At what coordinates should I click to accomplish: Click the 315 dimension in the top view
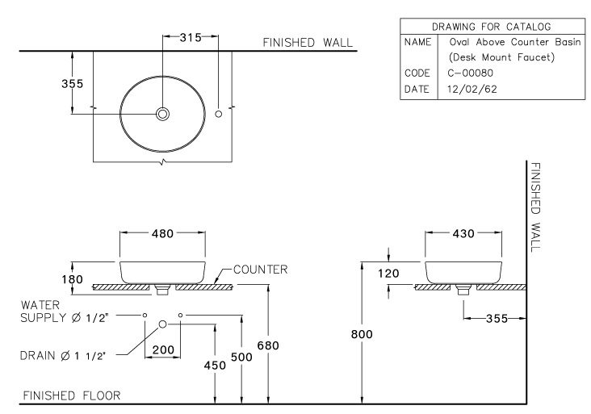coord(191,38)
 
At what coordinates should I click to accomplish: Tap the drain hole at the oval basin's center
coord(163,115)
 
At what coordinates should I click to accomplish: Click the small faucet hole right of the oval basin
coord(219,115)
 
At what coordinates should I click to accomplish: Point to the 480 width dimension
coord(162,234)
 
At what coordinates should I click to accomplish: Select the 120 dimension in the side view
coord(390,274)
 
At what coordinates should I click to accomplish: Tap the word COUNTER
coord(260,270)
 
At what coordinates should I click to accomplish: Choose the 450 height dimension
coord(215,366)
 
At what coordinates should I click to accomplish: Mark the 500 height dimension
coord(241,356)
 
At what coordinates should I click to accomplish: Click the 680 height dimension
coord(267,345)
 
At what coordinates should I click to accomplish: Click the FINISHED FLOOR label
coord(71,395)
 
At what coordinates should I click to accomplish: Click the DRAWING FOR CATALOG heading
coord(492,27)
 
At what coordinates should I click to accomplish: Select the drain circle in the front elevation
coord(163,324)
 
